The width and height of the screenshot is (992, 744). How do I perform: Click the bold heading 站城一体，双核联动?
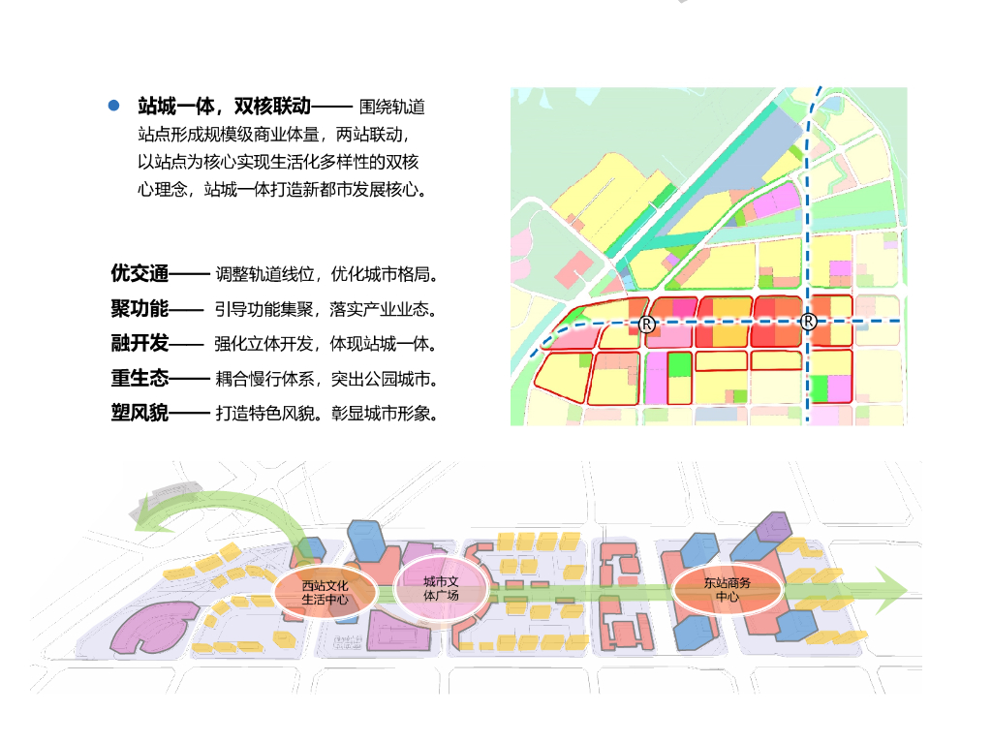pos(224,106)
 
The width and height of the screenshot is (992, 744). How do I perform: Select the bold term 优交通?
pos(140,273)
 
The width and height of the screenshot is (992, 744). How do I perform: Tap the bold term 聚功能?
pos(140,309)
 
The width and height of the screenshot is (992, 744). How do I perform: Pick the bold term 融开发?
pos(140,343)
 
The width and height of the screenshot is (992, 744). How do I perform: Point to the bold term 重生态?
pos(140,378)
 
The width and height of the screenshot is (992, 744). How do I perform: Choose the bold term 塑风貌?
pos(140,414)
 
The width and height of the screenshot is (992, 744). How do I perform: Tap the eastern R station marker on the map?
pos(810,322)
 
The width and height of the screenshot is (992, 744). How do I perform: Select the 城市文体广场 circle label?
pos(440,589)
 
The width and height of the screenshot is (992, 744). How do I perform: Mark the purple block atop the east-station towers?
pos(773,527)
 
